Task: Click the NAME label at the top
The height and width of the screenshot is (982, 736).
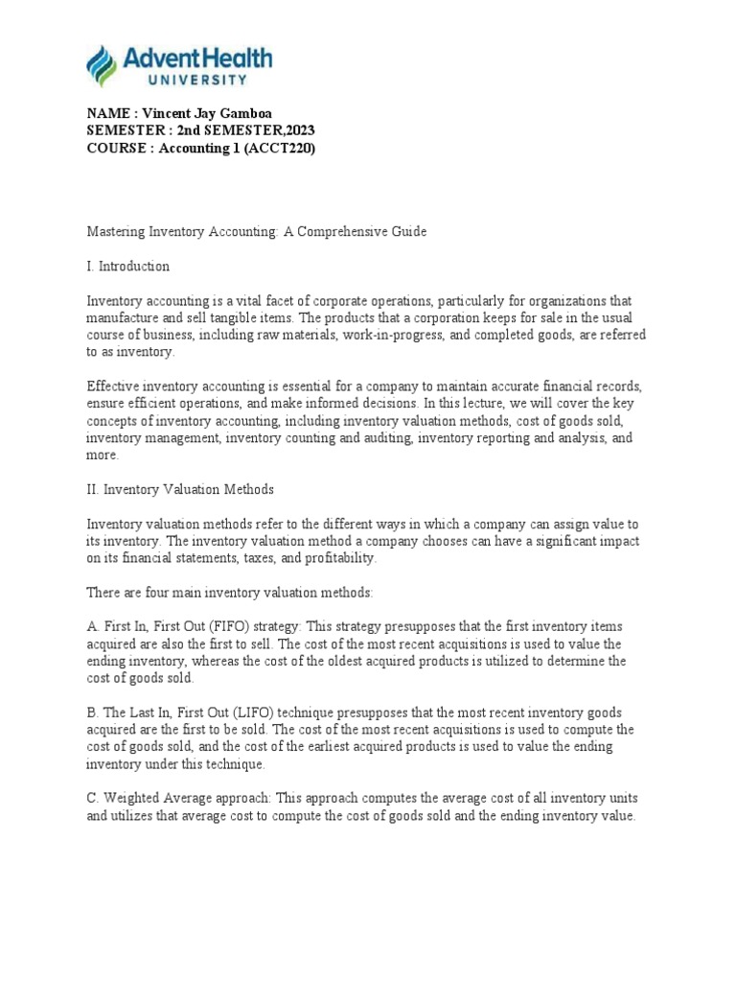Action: point(107,113)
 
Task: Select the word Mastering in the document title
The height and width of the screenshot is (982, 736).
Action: point(115,232)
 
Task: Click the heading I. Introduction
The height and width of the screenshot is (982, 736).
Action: point(128,266)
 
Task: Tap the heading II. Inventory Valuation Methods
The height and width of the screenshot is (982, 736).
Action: point(180,489)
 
